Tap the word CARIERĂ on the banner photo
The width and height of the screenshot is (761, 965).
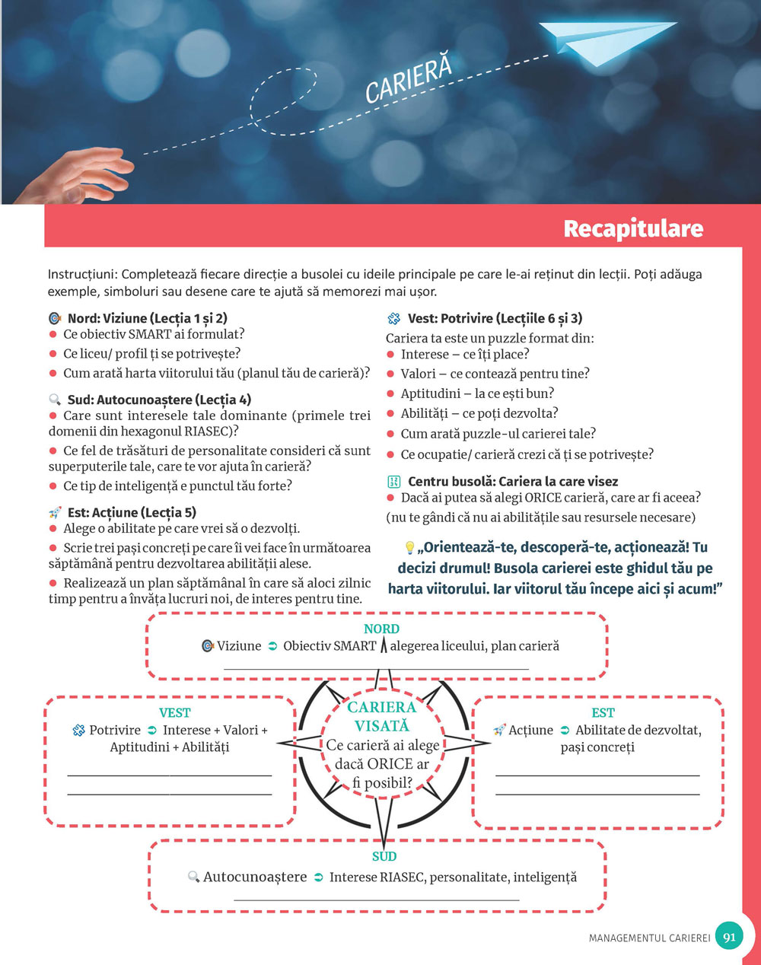[x=409, y=78]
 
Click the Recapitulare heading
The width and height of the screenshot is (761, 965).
[x=633, y=228]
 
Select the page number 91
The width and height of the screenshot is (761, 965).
[x=729, y=937]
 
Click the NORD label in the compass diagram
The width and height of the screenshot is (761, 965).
[x=381, y=629]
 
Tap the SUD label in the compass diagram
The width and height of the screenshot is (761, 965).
[x=384, y=856]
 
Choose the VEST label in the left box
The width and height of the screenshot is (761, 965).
[x=174, y=712]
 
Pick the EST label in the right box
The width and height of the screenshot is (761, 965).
[x=603, y=712]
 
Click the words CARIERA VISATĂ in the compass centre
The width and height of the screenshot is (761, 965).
[x=381, y=716]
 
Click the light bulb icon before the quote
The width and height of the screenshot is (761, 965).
[x=409, y=548]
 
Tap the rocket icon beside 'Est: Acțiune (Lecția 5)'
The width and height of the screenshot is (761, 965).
[x=55, y=512]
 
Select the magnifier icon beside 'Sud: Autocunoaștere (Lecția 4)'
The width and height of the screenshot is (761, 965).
[x=55, y=400]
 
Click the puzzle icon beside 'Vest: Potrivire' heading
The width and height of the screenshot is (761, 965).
[x=393, y=318]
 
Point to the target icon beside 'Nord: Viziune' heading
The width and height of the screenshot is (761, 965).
[x=55, y=318]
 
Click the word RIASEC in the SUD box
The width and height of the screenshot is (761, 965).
[x=403, y=877]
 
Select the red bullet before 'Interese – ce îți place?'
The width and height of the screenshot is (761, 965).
[x=390, y=355]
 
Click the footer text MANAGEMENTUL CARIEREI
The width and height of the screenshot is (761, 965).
[x=649, y=938]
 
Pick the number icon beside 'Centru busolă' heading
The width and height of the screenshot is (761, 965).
[x=393, y=482]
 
